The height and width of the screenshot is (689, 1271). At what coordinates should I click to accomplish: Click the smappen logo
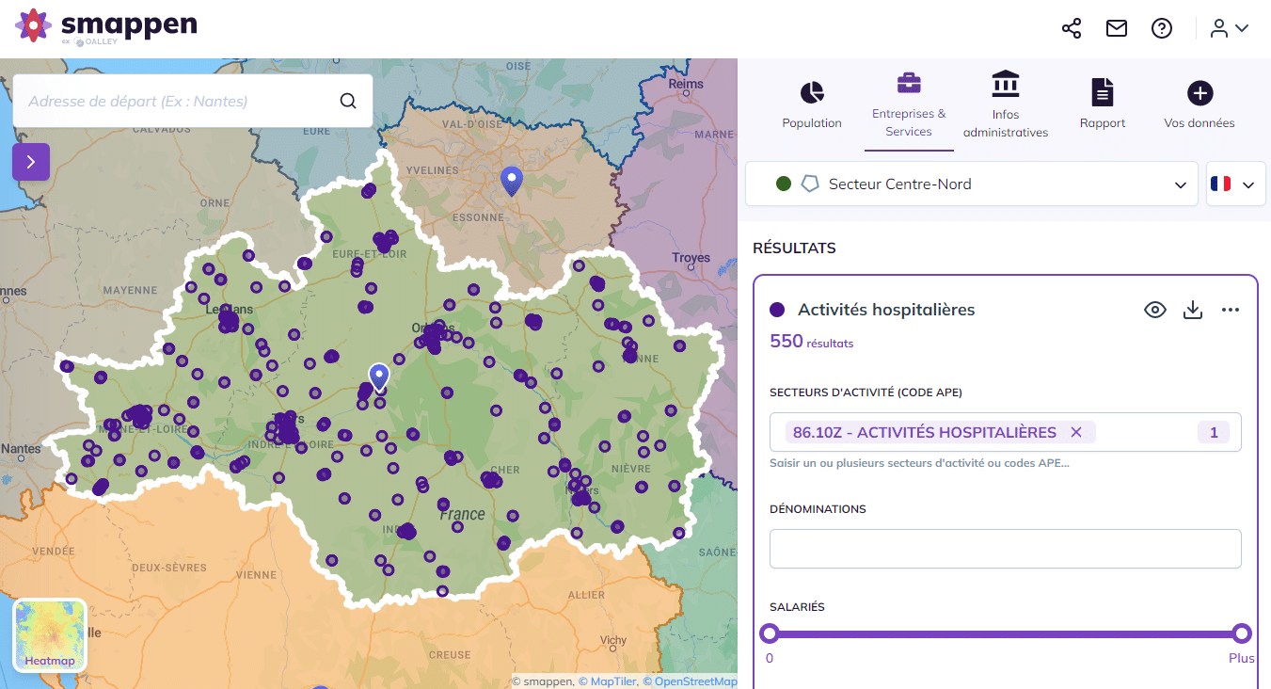click(105, 26)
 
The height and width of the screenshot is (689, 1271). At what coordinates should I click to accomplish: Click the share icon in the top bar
click(1072, 28)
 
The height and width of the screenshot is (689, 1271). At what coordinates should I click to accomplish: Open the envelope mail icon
click(1117, 28)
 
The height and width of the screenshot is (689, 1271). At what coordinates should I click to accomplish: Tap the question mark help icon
click(1162, 28)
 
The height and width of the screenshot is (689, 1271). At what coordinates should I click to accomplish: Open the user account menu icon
click(1229, 28)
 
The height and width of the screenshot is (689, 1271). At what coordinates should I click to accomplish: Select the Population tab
click(812, 104)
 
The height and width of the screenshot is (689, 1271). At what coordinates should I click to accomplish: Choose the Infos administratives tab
click(1006, 104)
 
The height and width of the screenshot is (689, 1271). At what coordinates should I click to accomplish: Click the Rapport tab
click(1103, 104)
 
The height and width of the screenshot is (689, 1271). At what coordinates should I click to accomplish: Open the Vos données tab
click(1200, 104)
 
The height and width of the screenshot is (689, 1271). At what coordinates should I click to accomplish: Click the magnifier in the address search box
click(348, 102)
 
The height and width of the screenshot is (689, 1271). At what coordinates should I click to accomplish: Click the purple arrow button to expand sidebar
click(31, 162)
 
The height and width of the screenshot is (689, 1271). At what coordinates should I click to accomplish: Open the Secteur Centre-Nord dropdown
click(972, 184)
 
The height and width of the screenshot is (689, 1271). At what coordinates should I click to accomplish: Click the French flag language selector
click(1232, 184)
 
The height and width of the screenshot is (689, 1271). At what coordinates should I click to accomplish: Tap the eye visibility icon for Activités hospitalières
click(1155, 310)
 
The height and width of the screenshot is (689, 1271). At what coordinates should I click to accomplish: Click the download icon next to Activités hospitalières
click(1193, 310)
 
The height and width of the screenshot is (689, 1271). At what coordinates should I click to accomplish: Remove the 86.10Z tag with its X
click(1076, 432)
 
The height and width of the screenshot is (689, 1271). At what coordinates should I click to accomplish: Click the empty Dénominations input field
click(1005, 549)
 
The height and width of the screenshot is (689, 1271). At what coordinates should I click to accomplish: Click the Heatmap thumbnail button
click(50, 635)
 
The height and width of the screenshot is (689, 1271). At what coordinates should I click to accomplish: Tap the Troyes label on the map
click(691, 258)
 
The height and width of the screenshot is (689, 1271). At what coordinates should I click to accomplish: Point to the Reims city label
click(686, 84)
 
